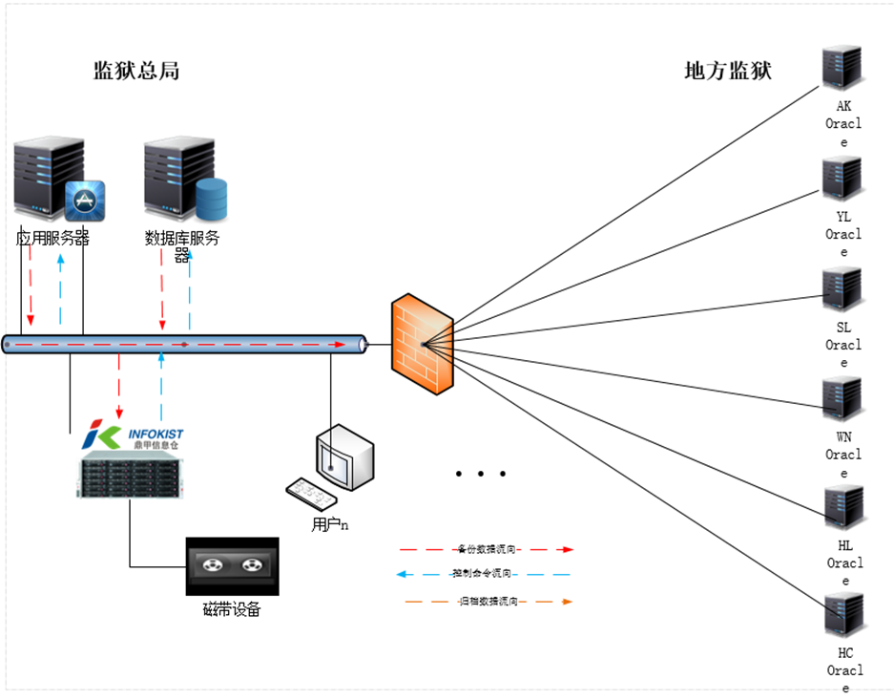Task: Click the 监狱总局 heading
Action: pyautogui.click(x=135, y=72)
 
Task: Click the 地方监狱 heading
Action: pyautogui.click(x=728, y=72)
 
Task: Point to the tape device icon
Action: pyautogui.click(x=232, y=566)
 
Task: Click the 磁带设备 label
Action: pyautogui.click(x=232, y=609)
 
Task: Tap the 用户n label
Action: pyautogui.click(x=329, y=524)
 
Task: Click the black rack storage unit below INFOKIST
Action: pyautogui.click(x=130, y=476)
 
